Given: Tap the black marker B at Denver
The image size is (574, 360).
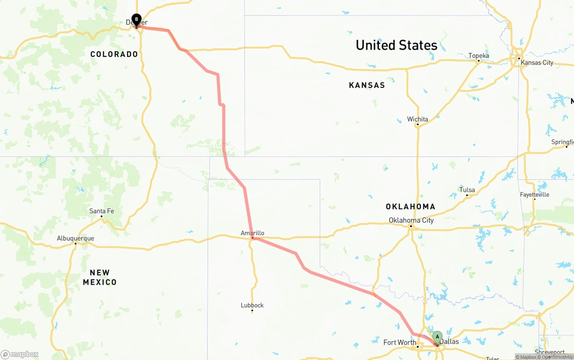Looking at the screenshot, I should click(136, 20).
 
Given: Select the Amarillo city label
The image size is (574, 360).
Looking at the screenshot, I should click(252, 233).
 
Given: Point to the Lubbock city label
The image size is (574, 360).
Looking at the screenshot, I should click(252, 305).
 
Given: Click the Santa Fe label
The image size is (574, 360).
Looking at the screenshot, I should click(101, 211).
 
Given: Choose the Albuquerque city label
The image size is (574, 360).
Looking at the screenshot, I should click(75, 238).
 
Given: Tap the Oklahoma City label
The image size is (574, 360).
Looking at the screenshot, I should click(411, 220).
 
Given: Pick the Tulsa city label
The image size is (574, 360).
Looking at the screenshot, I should click(467, 190).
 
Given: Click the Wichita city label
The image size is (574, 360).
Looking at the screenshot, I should click(417, 119).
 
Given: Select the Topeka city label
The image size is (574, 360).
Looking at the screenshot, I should click(478, 56).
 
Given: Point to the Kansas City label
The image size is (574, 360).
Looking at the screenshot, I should click(537, 63).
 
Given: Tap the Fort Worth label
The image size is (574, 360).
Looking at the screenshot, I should click(400, 343).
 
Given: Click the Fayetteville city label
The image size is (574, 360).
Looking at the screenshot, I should click(535, 195).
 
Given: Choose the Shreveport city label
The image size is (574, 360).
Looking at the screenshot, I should click(550, 352).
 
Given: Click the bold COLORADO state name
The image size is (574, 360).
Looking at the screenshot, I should click(114, 54).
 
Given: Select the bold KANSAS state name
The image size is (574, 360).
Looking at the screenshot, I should click(367, 85).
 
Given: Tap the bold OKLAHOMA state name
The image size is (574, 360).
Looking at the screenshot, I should click(410, 207).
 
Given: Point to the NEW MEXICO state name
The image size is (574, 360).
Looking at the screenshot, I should click(100, 278).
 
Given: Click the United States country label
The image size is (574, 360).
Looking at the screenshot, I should click(396, 45).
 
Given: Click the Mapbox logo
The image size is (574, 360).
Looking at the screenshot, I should click(20, 355).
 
